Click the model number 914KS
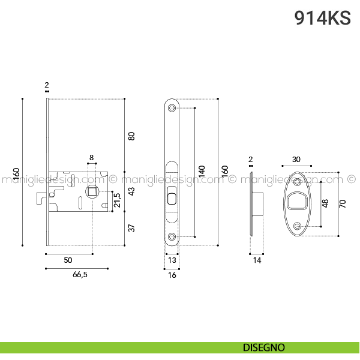pyautogui.click(x=322, y=17)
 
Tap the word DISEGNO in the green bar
pyautogui.click(x=264, y=347)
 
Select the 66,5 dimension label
pyautogui.click(x=80, y=274)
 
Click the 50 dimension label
pyautogui.click(x=68, y=260)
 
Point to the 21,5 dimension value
pyautogui.click(x=117, y=200)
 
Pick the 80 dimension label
pyautogui.click(x=131, y=136)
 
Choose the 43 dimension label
pyautogui.click(x=131, y=191)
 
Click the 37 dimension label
pyautogui.click(x=131, y=228)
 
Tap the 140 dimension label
pyautogui.click(x=202, y=171)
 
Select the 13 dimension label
pyautogui.click(x=172, y=260)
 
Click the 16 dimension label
pyautogui.click(x=172, y=275)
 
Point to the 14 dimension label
pyautogui.click(x=257, y=260)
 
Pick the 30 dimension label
pyautogui.click(x=296, y=159)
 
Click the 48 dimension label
pyautogui.click(x=325, y=203)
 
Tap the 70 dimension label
pyautogui.click(x=343, y=203)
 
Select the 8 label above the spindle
pyautogui.click(x=91, y=157)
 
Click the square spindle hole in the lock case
pyautogui.click(x=92, y=191)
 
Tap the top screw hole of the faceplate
pyautogui.click(x=172, y=107)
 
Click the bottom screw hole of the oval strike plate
pyautogui.click(x=298, y=226)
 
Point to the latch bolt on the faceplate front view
pyautogui.click(x=172, y=199)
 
